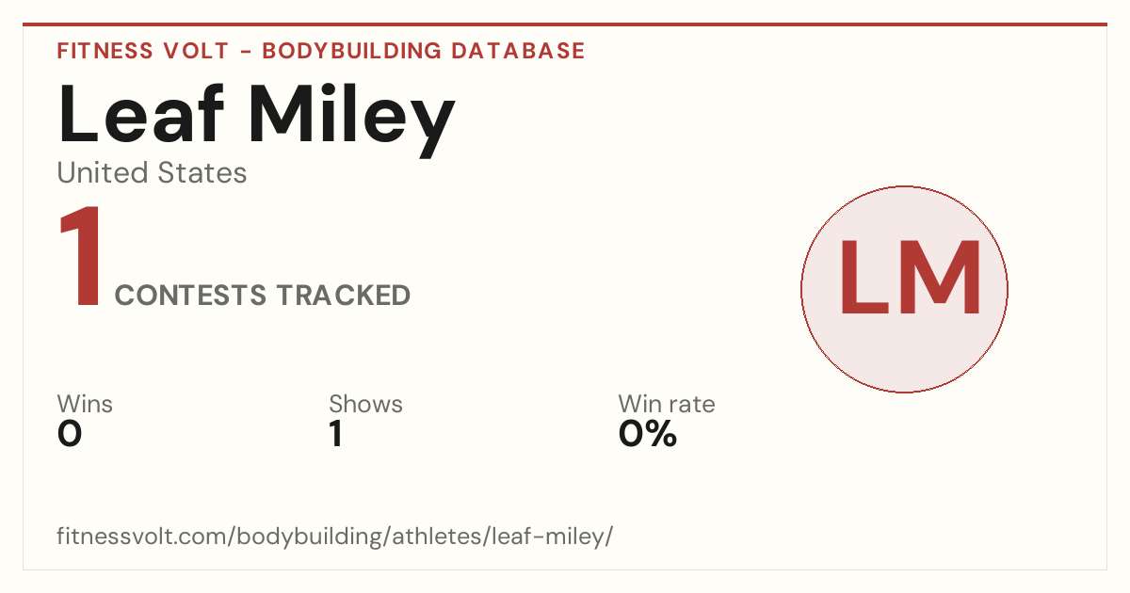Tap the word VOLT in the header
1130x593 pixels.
tap(196, 51)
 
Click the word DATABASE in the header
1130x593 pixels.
tap(518, 51)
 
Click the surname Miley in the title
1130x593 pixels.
tap(352, 120)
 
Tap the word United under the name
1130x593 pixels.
tap(103, 172)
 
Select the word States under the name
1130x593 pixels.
tap(202, 172)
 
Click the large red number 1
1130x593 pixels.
tap(81, 256)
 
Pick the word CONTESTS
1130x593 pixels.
tap(190, 296)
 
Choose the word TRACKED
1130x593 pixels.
tap(344, 296)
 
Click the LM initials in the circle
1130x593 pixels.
tap(910, 278)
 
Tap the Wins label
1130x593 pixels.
tap(85, 404)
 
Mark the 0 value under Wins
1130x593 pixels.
tap(70, 434)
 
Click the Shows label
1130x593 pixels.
tap(365, 404)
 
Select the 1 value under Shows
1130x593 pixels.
tap(336, 434)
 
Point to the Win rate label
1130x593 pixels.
tap(667, 404)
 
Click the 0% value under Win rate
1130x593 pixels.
tap(648, 434)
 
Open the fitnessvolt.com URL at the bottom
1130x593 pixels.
tap(335, 536)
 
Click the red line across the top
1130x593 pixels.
tap(565, 24)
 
